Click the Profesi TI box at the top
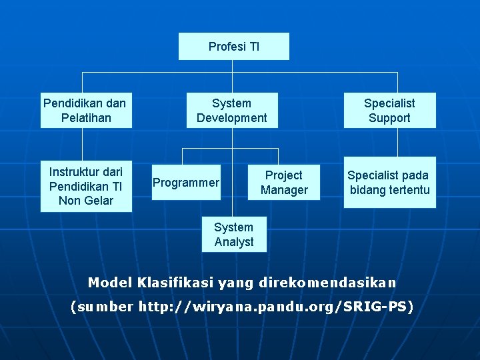pyautogui.click(x=233, y=46)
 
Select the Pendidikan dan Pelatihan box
pyautogui.click(x=85, y=111)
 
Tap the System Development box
pyautogui.click(x=231, y=111)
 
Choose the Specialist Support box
pyautogui.click(x=389, y=111)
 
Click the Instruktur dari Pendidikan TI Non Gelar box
pyautogui.click(x=85, y=186)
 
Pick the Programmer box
pyautogui.click(x=186, y=183)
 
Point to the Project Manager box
pyautogui.click(x=284, y=183)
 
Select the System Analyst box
pyautogui.click(x=233, y=235)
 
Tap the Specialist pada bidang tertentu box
pyautogui.click(x=389, y=183)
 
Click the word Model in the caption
pyautogui.click(x=110, y=283)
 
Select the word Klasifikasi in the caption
pyautogui.click(x=175, y=283)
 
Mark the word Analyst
pyautogui.click(x=234, y=242)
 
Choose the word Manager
pyautogui.click(x=284, y=190)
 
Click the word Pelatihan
pyautogui.click(x=85, y=118)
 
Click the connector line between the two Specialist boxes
pyautogui.click(x=397, y=142)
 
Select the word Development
pyautogui.click(x=231, y=118)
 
